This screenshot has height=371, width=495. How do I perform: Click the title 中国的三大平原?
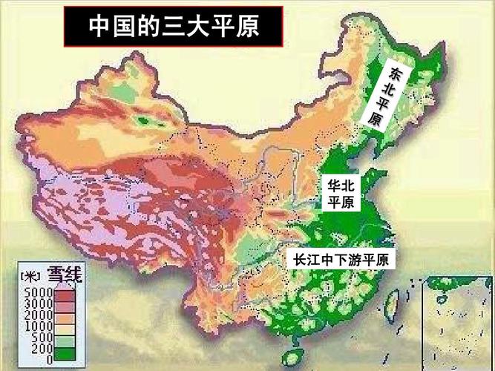[175, 27]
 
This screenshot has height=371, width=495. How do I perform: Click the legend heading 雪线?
[65, 276]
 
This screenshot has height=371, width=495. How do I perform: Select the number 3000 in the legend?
[37, 305]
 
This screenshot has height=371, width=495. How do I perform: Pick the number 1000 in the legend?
[37, 326]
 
